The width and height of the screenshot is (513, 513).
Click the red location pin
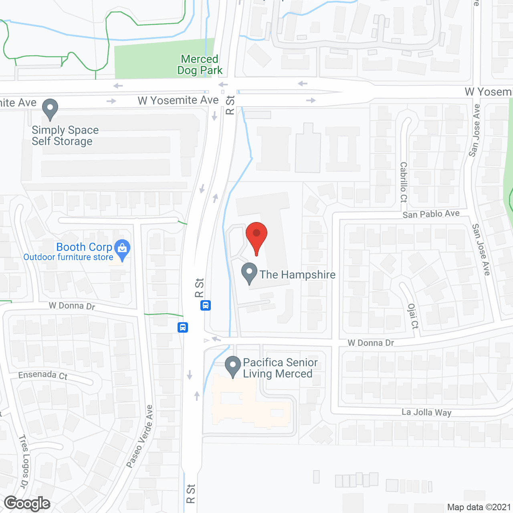coord(256,236)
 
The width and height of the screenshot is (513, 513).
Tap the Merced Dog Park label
coord(200,65)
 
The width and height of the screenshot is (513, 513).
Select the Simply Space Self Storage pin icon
coord(50,109)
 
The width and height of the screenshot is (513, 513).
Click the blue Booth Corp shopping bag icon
coord(122,249)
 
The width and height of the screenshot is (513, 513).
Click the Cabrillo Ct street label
coord(403,182)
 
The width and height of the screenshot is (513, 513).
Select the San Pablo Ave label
coord(431,214)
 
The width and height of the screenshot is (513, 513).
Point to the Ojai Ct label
coord(412,316)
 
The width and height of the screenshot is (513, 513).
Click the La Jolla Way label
coord(426,412)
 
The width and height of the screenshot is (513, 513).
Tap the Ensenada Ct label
coord(43,375)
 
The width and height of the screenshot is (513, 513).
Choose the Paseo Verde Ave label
coord(140,436)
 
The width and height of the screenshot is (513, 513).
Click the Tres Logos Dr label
coord(24,461)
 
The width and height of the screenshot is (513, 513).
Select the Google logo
coord(27,503)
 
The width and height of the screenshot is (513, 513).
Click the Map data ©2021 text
coord(479,507)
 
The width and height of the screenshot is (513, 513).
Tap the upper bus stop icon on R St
coord(206,305)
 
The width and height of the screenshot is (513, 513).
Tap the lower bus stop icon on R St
coord(183,327)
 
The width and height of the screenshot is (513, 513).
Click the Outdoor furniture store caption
coord(68,257)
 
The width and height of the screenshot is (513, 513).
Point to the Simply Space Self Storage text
coord(65,136)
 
